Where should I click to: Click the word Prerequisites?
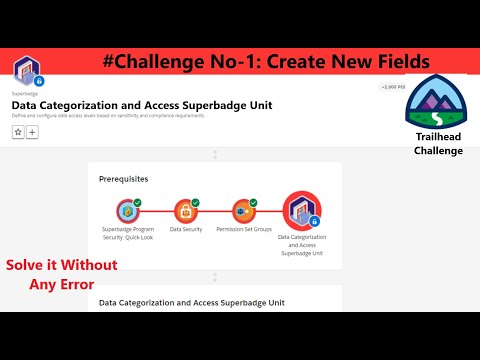124,178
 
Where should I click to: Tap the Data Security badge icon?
186,211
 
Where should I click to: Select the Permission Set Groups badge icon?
243,211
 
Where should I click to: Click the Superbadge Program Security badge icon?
127,211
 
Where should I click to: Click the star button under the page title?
18,132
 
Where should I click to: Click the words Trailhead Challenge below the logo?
438,143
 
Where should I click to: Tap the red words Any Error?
62,284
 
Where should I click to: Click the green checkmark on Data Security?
195,202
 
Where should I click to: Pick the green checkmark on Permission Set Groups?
253,202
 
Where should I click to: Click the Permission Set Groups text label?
244,230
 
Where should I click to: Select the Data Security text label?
186,230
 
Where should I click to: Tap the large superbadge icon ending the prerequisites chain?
301,211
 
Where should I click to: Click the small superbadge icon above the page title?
26,71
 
